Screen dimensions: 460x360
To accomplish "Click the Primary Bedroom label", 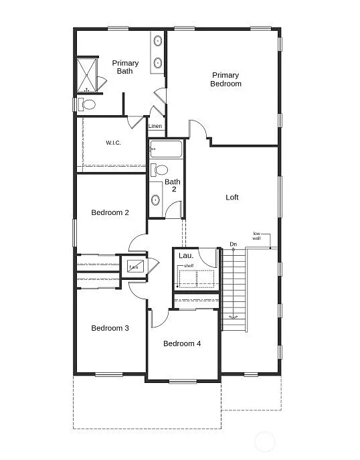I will [226, 80].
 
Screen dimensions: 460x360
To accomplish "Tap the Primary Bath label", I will [125, 67].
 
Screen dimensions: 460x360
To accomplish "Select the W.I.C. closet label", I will [112, 143].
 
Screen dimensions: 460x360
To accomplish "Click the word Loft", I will [232, 198].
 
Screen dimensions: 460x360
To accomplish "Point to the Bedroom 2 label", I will [110, 213].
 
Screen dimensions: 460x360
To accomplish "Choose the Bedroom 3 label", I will [110, 328].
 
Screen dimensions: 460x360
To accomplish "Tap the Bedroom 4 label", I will [182, 343].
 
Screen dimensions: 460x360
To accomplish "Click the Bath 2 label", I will [173, 185].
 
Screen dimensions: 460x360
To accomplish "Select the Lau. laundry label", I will [186, 255].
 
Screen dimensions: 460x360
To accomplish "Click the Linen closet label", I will [155, 126].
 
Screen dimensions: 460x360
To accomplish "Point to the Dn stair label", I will [233, 244].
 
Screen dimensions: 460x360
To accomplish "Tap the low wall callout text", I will [256, 236].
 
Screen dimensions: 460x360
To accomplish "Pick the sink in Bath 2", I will [156, 199].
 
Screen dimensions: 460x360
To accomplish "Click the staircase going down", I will [234, 288].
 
